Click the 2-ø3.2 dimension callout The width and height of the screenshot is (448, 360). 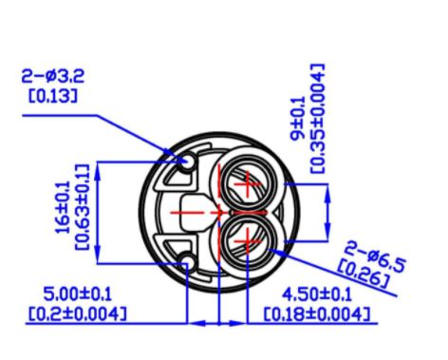click(53, 76)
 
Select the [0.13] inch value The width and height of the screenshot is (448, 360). click(53, 96)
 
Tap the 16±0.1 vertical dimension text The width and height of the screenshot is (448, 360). click(63, 207)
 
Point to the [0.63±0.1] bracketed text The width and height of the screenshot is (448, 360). click(83, 207)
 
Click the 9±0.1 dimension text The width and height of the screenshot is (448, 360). click(298, 119)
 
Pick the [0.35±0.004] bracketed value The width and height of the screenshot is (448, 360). click(317, 119)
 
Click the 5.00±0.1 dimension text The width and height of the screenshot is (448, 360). click(78, 294)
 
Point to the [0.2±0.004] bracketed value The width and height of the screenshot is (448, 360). click(78, 313)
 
